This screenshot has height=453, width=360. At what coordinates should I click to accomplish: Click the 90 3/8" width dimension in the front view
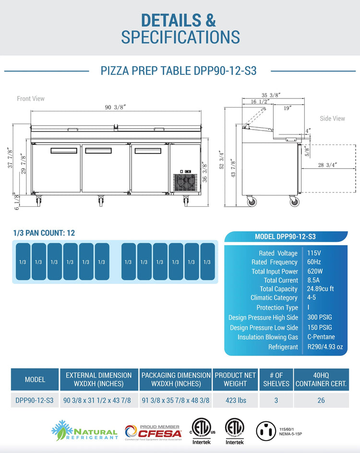(115, 107)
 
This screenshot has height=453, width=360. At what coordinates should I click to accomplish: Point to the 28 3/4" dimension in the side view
(327, 165)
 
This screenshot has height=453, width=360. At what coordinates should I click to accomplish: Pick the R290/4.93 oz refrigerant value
(325, 346)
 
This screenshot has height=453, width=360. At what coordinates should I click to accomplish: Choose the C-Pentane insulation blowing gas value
(321, 337)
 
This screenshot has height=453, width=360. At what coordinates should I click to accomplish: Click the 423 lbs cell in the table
(235, 400)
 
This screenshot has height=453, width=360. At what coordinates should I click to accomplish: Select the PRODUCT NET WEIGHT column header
(235, 379)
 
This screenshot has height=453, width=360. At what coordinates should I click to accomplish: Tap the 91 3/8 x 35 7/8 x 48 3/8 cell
(176, 400)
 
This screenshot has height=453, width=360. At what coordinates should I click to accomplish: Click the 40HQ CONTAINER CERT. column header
(321, 379)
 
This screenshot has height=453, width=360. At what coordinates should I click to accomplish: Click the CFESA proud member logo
(153, 431)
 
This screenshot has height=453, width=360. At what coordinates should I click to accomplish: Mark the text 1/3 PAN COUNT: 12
(44, 233)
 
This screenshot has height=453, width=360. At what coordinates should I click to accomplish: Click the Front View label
(31, 98)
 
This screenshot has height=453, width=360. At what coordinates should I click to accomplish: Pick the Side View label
(333, 119)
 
